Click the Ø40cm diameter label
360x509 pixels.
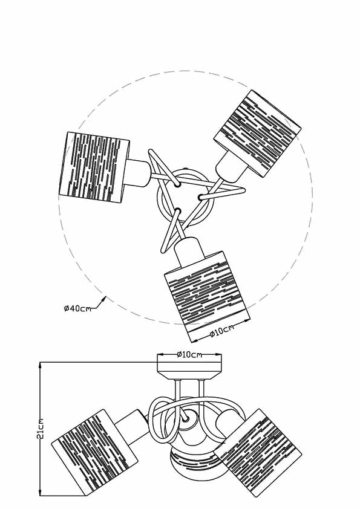point(77,308)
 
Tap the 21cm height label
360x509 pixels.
point(41,429)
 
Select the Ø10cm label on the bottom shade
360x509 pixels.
point(221,331)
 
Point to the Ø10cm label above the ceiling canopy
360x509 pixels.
point(189,354)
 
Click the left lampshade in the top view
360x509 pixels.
point(94,167)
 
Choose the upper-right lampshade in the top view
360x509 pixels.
point(257,134)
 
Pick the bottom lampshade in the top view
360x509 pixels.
point(207,297)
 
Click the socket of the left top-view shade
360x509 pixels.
point(138,173)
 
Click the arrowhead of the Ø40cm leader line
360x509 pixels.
point(104,299)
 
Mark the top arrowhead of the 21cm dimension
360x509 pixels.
point(41,366)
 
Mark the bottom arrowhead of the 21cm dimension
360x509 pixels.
point(41,491)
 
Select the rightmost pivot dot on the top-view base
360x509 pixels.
point(201,197)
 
